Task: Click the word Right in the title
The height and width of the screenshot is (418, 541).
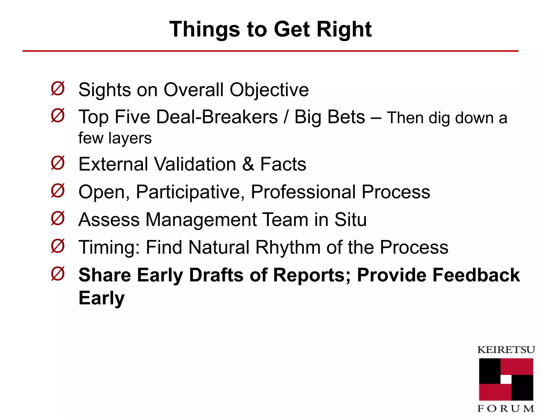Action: (x=344, y=29)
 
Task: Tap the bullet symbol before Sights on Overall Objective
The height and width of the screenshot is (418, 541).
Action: (x=58, y=89)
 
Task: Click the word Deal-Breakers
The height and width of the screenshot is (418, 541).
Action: (x=217, y=117)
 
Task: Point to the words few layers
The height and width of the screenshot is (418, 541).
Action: (x=115, y=138)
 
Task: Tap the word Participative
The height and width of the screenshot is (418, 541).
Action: (x=190, y=192)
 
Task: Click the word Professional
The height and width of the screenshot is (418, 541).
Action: (x=303, y=192)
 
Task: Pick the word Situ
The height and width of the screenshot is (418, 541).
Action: (x=351, y=220)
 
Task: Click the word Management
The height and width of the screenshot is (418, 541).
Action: (x=201, y=220)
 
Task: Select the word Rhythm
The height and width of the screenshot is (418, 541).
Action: (x=288, y=248)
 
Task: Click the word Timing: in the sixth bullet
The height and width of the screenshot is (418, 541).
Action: (x=109, y=248)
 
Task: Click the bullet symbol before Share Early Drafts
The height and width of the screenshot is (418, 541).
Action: (x=58, y=274)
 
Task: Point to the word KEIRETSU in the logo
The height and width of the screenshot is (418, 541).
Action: (x=506, y=350)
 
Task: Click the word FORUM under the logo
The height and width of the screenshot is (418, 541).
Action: (x=506, y=408)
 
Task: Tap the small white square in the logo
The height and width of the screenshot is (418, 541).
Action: (x=506, y=379)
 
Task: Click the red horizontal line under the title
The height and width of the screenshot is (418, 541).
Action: (x=270, y=51)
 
